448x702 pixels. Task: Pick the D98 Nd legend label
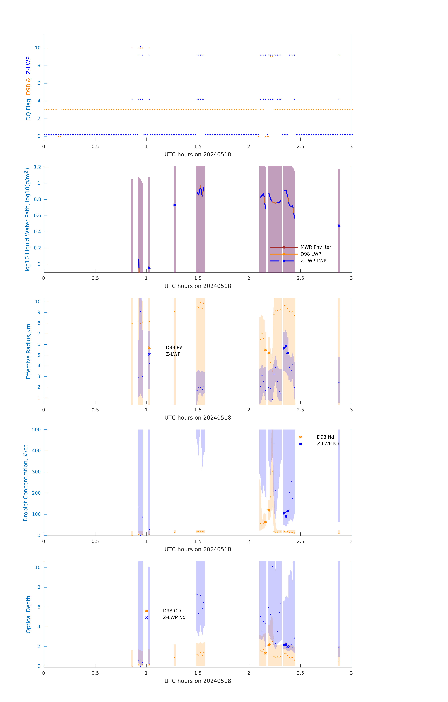coord(325,437)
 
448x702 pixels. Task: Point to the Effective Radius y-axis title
coord(28,351)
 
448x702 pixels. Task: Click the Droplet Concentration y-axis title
coord(26,483)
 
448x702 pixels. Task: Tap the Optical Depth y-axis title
coord(28,614)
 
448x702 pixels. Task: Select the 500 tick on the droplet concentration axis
coord(36,429)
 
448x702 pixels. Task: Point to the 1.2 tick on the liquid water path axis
coord(37,167)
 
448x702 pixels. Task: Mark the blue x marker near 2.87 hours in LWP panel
coord(339,226)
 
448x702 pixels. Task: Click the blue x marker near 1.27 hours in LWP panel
coord(175,205)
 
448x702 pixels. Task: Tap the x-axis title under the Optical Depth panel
coord(198,681)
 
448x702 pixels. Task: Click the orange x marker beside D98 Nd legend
coord(300,437)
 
